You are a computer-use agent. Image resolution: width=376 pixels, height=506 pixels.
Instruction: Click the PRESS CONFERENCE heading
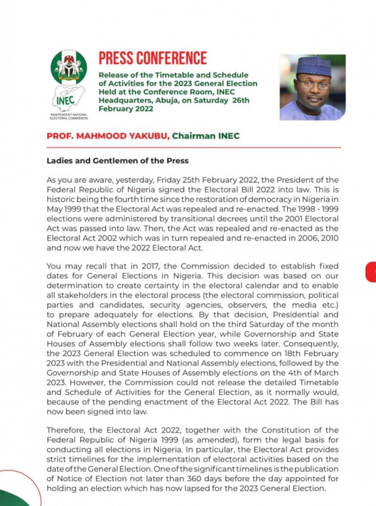click(x=152, y=58)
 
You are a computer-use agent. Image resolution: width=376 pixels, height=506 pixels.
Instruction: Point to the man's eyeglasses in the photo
click(x=313, y=84)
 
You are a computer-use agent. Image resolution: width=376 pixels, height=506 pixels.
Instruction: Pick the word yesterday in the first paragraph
click(x=132, y=180)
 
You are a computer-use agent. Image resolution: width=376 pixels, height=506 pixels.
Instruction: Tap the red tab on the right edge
click(x=371, y=272)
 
